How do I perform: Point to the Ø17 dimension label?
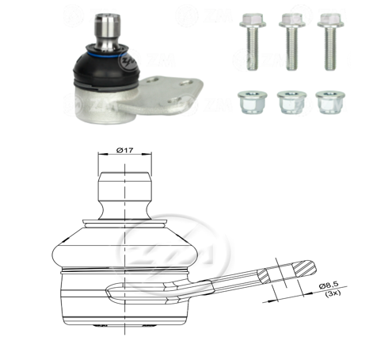pos(124,147)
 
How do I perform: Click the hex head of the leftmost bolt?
pos(252,19)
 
